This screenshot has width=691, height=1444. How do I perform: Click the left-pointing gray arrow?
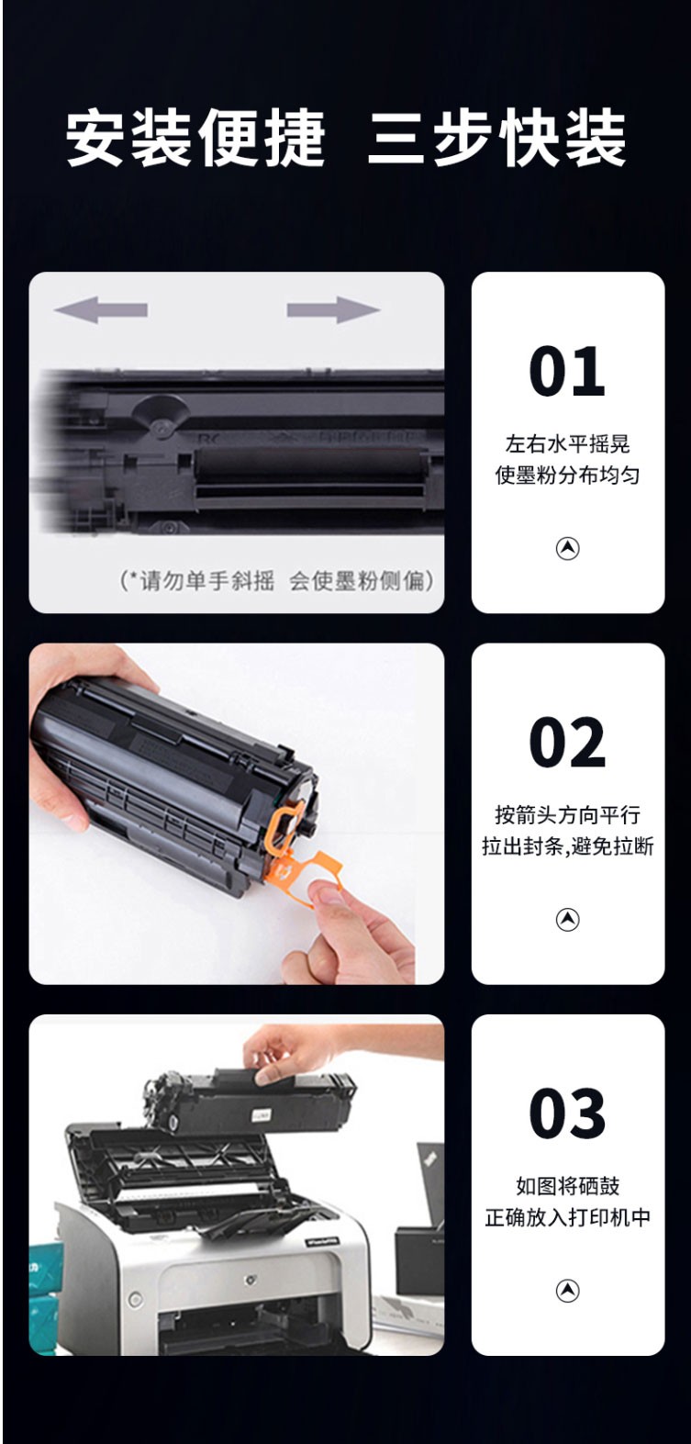click(101, 309)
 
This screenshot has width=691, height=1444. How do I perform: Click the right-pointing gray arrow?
click(333, 309)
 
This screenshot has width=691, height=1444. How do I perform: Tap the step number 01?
click(567, 371)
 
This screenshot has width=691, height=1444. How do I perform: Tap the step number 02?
click(567, 743)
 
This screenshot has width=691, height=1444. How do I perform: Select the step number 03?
click(567, 1114)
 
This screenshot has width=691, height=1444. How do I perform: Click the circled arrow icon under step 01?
click(567, 548)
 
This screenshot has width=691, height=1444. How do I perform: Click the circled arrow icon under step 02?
click(567, 919)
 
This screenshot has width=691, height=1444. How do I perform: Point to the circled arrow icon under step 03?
click(567, 1291)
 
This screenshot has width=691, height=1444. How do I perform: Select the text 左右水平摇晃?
click(567, 444)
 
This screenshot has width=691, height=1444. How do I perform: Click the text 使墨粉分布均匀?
click(567, 476)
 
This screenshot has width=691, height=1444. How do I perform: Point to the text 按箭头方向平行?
click(567, 815)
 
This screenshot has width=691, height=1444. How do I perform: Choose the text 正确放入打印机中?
click(567, 1218)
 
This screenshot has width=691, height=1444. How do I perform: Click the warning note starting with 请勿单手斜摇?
click(276, 581)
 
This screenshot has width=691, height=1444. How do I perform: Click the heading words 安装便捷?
click(195, 138)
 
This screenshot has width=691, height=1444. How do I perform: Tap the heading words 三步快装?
click(496, 138)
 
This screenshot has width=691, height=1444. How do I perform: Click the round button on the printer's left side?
click(136, 1299)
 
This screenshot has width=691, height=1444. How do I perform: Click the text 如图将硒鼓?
click(567, 1186)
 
